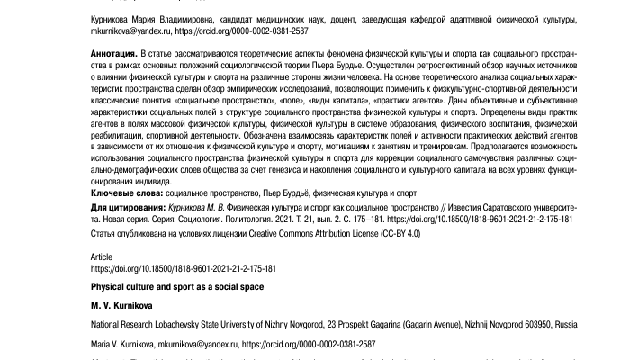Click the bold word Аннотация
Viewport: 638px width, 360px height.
pos(113,56)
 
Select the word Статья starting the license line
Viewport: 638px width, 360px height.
pos(104,234)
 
